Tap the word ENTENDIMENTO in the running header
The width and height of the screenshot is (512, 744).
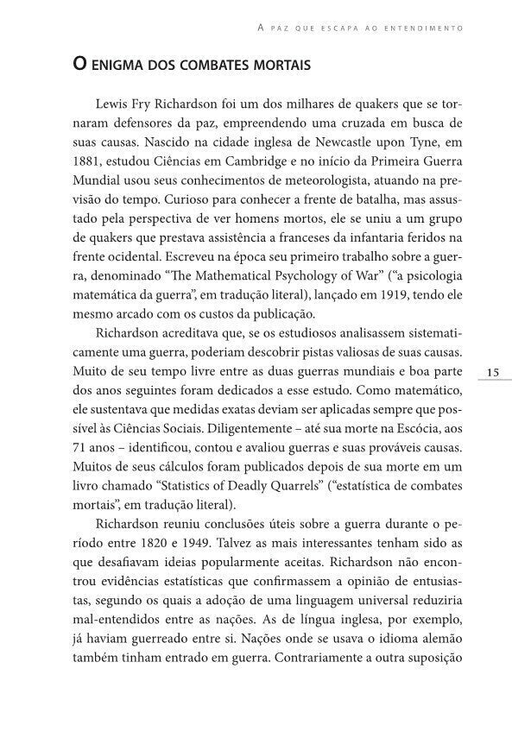tap(431, 28)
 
